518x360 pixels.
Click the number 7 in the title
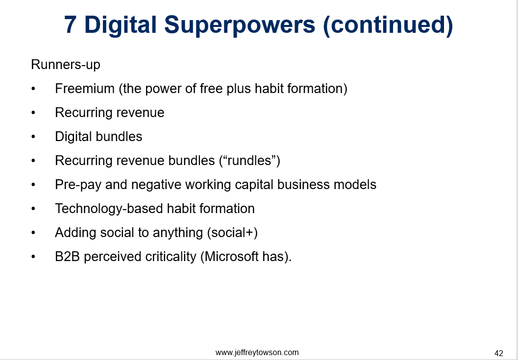click(71, 25)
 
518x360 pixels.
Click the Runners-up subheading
click(65, 65)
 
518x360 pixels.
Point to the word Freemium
click(85, 89)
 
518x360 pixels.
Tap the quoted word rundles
click(250, 161)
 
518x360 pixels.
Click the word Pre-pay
click(78, 185)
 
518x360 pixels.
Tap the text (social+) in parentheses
click(233, 233)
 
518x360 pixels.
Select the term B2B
click(68, 257)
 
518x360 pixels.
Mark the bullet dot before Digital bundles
click(33, 137)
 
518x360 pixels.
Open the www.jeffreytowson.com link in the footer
click(257, 352)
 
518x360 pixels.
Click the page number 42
click(499, 354)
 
